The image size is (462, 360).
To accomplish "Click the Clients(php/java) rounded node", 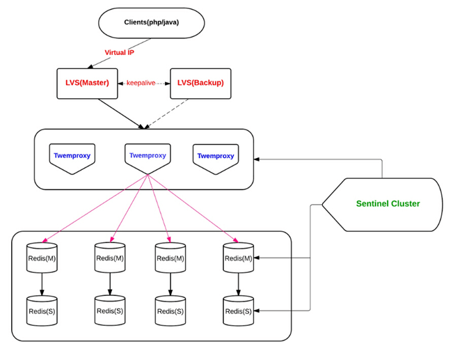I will [152, 22].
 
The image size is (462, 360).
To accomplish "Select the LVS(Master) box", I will [87, 83].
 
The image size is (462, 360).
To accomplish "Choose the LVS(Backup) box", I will [200, 83].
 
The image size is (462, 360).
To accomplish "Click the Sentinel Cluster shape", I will [387, 204].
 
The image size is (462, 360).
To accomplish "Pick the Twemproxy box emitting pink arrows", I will [148, 156].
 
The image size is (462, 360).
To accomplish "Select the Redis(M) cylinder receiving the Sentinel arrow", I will [239, 258].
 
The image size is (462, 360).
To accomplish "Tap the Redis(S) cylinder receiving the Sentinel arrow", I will [239, 311].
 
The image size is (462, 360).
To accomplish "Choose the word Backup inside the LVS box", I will [207, 83].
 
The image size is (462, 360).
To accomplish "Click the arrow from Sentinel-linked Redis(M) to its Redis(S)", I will [239, 284].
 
